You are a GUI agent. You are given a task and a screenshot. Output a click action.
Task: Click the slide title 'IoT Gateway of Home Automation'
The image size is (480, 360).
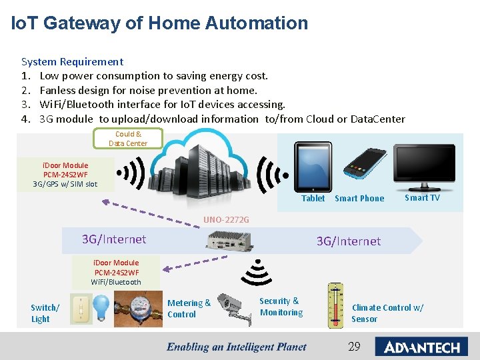click(x=160, y=23)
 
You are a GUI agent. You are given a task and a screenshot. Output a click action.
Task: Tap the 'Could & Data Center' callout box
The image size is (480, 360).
click(x=127, y=139)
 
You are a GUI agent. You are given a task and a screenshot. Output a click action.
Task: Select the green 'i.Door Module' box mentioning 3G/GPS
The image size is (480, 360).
click(x=65, y=175)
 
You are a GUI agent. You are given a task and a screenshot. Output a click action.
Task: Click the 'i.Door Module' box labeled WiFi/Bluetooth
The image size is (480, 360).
click(x=116, y=272)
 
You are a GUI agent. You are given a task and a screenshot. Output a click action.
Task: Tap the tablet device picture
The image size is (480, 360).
click(x=313, y=167)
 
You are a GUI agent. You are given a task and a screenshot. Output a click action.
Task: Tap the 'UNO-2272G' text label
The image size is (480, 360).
click(x=226, y=219)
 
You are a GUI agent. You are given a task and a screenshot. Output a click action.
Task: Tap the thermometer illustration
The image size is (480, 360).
click(x=335, y=306)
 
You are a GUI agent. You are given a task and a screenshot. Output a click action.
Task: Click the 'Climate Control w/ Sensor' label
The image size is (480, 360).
click(x=387, y=313)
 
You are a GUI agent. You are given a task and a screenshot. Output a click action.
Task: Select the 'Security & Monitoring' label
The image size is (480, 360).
click(x=281, y=307)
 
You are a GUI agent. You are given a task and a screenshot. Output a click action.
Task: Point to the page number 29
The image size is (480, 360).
click(x=354, y=347)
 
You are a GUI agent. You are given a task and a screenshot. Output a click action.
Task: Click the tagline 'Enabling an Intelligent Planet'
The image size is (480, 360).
click(x=236, y=347)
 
